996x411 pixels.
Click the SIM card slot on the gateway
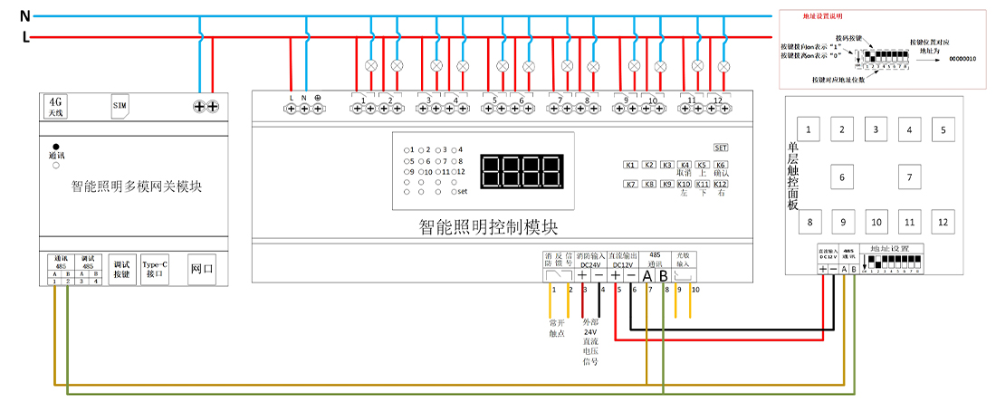tap(120, 106)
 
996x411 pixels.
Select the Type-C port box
tap(155, 269)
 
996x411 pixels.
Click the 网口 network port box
tap(202, 269)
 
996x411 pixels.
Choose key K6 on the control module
tap(721, 165)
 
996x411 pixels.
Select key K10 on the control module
tap(685, 185)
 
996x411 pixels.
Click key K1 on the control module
tap(630, 165)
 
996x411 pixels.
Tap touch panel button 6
tap(842, 177)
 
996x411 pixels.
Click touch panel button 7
tap(909, 177)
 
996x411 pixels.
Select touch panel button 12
tap(943, 222)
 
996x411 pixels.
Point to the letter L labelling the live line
tap(25, 38)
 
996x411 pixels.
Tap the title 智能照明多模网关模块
tap(136, 187)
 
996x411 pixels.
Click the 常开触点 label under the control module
tap(557, 327)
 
